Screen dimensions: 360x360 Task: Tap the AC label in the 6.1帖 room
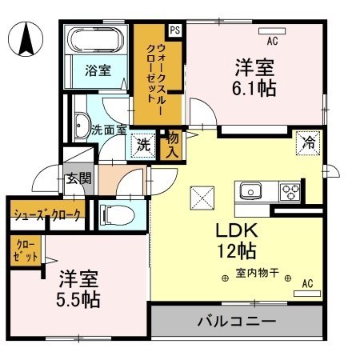(272, 41)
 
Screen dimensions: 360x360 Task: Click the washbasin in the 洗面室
(81, 126)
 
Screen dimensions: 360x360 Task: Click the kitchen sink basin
(249, 192)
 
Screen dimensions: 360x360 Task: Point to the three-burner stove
(290, 192)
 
